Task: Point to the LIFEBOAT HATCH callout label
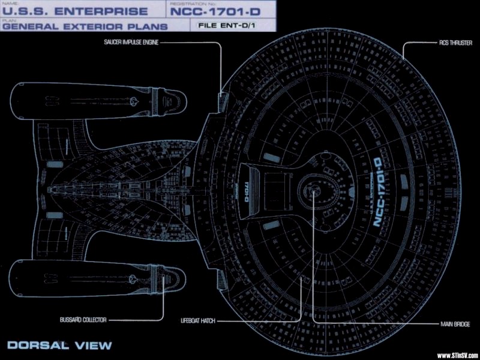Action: pyautogui.click(x=198, y=322)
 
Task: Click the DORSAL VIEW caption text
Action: pyautogui.click(x=60, y=345)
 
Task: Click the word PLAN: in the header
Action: pyautogui.click(x=8, y=19)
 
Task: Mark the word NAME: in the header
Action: pyautogui.click(x=8, y=3)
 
